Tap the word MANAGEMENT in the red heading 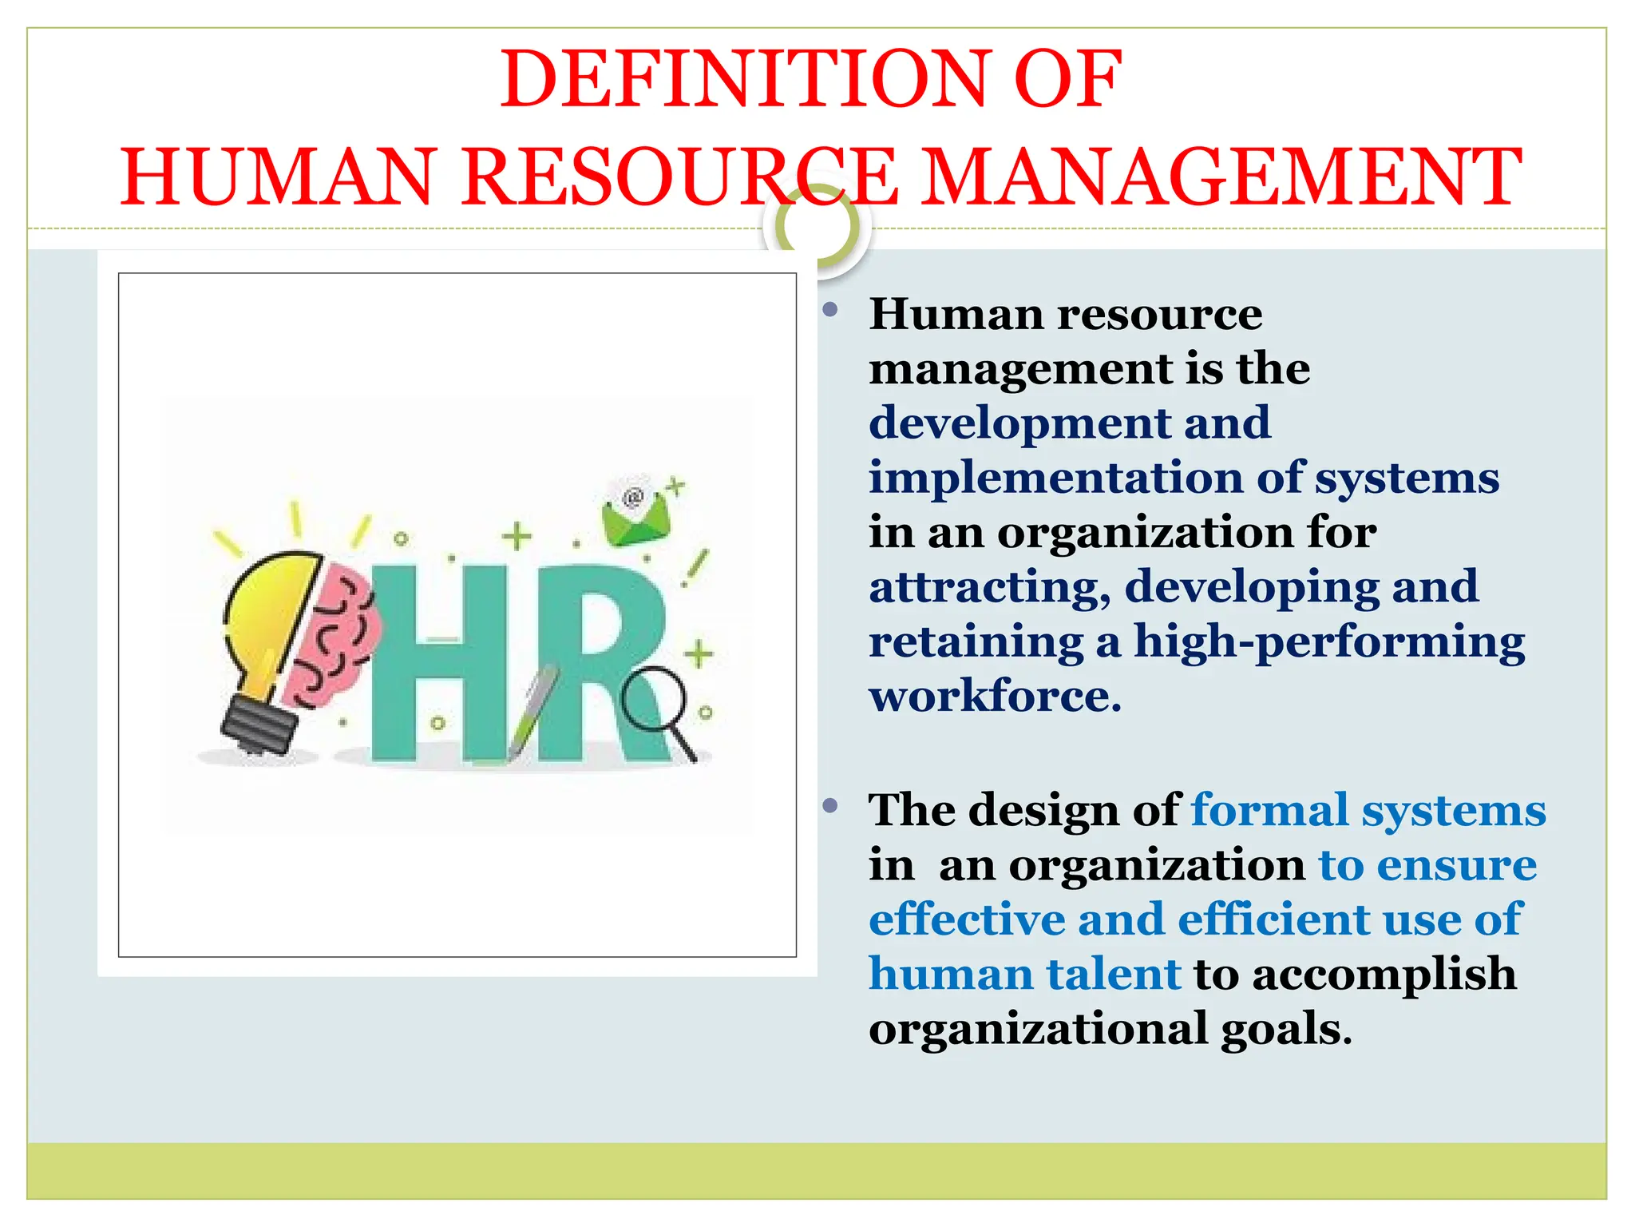[x=1221, y=177]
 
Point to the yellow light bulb [x=267, y=623]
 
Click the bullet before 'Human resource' [x=830, y=310]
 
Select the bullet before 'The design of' [x=830, y=805]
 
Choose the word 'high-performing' [x=1329, y=641]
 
